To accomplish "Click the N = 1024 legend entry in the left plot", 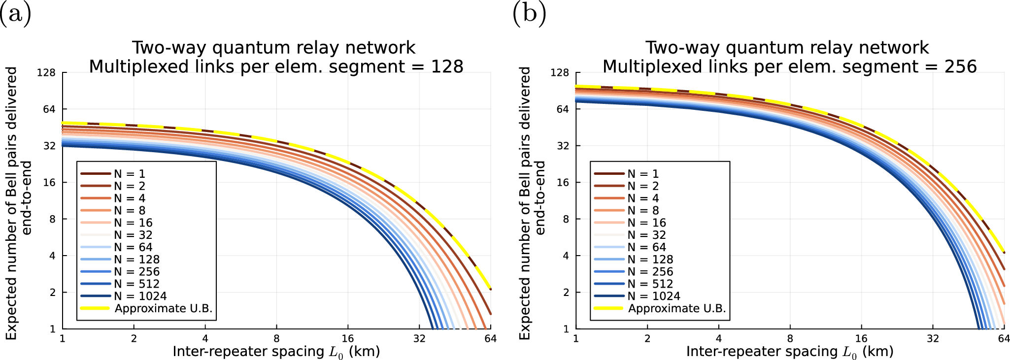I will pos(140,296).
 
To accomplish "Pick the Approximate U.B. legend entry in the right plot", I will pos(676,308).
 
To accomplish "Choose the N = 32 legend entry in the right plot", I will pos(646,235).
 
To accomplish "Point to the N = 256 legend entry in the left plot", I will pos(136,272).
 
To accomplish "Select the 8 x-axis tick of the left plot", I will pos(276,339).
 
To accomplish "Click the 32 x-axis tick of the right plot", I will pos(933,339).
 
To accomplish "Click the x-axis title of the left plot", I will pos(276,352).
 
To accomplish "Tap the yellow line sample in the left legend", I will pos(95,308).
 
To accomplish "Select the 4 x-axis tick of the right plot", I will pos(718,339).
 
